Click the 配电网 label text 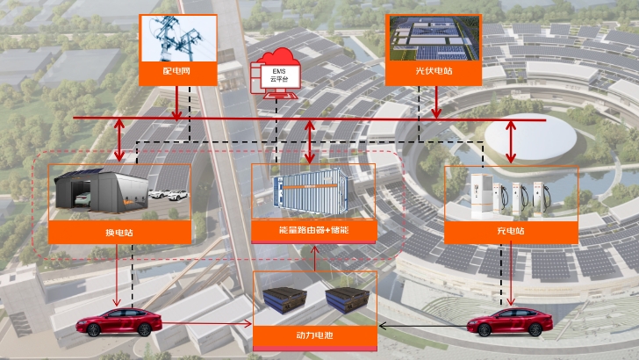pos(176,71)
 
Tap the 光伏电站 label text pos(434,71)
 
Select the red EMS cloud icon pos(276,74)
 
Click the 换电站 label pos(119,233)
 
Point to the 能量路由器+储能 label pos(314,230)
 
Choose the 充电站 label pos(511,231)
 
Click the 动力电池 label pos(314,335)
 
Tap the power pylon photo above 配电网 pos(178,39)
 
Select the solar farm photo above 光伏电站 pos(434,39)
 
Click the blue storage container pos(311,191)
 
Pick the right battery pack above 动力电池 pos(348,299)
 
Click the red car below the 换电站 pos(119,322)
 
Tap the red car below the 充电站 pos(510,322)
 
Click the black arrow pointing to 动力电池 pos(423,326)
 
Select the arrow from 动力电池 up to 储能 pos(314,258)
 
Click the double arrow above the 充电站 pos(511,141)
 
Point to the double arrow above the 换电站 pos(119,140)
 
